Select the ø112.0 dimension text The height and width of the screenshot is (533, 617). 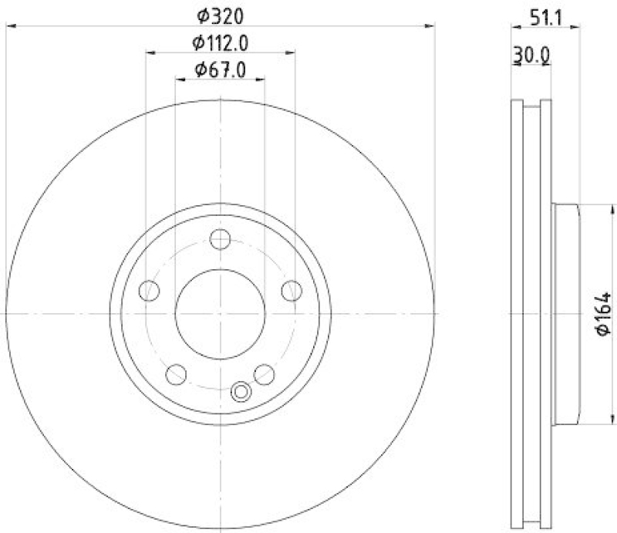[221, 42]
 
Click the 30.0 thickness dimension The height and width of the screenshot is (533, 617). [532, 55]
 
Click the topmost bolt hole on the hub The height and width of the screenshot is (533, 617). [221, 239]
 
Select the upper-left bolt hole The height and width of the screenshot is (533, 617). [150, 291]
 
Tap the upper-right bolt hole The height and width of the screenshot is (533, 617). [292, 291]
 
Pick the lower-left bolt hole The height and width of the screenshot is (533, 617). [177, 374]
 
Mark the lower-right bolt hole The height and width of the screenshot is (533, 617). [265, 374]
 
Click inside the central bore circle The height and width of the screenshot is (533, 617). [221, 313]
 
